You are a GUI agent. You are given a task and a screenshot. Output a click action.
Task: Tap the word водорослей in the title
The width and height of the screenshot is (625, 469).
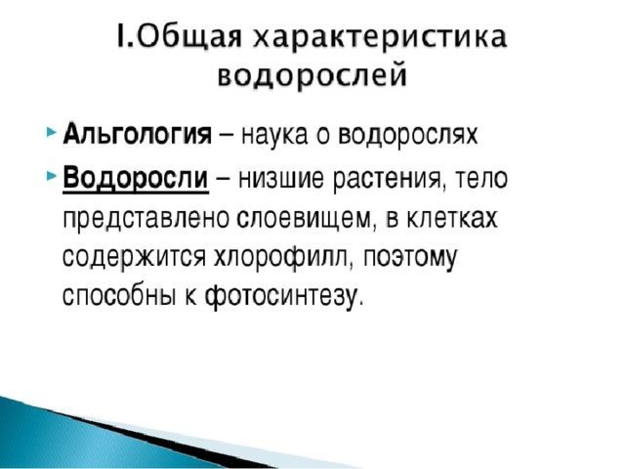pos(312,74)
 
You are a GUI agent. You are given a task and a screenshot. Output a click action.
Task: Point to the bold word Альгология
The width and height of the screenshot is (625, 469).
pos(138,134)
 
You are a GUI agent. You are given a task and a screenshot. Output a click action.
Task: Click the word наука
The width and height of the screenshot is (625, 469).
pos(274,135)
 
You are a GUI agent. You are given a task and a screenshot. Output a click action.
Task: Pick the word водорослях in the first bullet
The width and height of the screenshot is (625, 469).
pos(407,135)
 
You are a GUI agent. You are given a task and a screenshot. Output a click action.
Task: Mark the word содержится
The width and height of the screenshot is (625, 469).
pos(135,259)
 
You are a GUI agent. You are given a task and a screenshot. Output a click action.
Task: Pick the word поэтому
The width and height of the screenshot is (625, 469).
pos(409,259)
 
